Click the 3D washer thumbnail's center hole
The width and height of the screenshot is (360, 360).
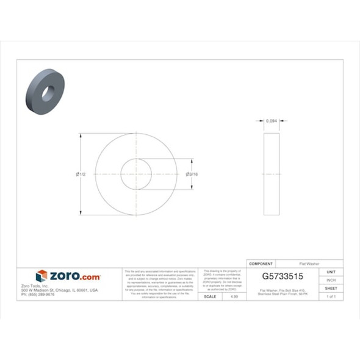[46, 93]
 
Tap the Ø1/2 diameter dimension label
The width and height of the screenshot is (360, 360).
[81, 175]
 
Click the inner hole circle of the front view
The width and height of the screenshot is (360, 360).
[136, 175]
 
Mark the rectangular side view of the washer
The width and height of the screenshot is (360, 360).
[272, 175]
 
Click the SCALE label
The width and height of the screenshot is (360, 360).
[209, 296]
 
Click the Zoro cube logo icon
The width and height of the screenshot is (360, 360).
[41, 276]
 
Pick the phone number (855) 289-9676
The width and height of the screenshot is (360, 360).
[38, 294]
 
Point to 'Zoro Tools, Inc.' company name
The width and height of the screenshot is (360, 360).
[34, 286]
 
